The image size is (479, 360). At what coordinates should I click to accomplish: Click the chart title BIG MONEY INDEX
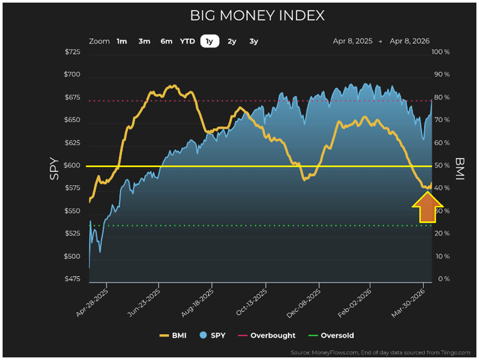pyautogui.click(x=257, y=16)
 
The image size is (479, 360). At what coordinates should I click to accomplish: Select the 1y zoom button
pyautogui.click(x=209, y=41)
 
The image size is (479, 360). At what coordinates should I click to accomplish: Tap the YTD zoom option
pyautogui.click(x=187, y=41)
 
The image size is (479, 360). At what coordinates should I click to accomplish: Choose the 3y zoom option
pyautogui.click(x=254, y=41)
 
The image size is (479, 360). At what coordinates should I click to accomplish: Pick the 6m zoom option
pyautogui.click(x=166, y=41)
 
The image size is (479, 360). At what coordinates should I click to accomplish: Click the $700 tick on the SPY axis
pyautogui.click(x=72, y=74)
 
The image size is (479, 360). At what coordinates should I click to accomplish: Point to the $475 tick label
pyautogui.click(x=72, y=279)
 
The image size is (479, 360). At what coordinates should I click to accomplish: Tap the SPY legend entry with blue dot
pyautogui.click(x=212, y=336)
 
